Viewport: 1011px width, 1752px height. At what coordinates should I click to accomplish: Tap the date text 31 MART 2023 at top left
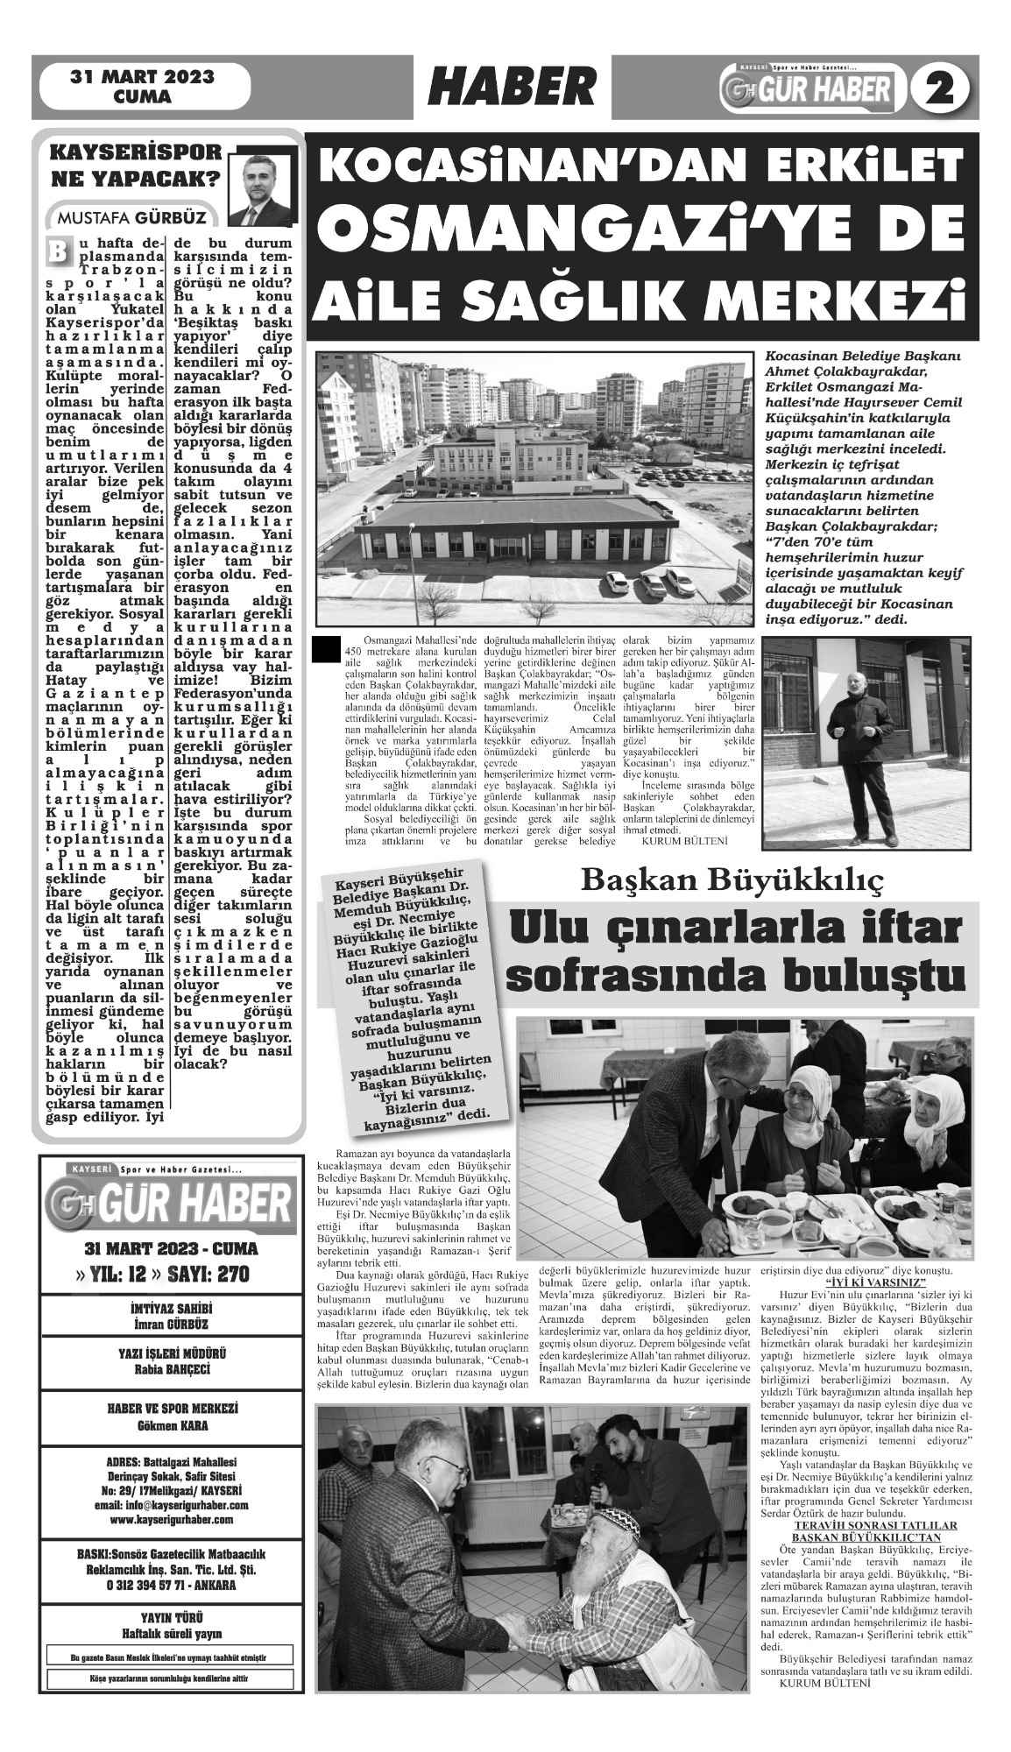[x=143, y=77]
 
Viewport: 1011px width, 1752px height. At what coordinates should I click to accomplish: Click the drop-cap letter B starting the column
[x=56, y=249]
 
